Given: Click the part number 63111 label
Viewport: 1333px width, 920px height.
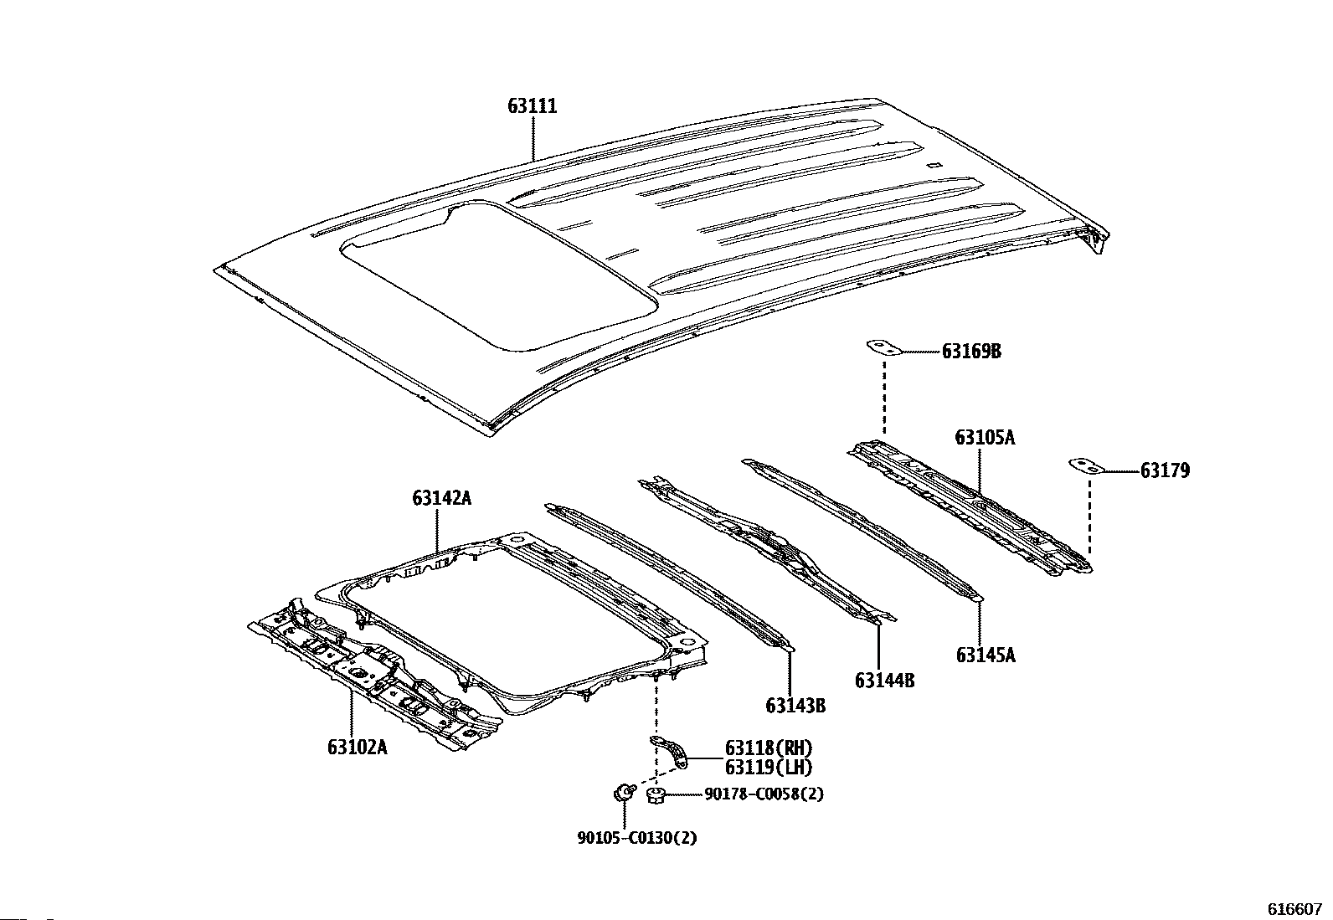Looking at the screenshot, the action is (532, 106).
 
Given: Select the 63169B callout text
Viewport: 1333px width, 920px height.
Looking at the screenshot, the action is (971, 352).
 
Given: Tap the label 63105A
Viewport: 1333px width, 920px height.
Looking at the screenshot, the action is (985, 437).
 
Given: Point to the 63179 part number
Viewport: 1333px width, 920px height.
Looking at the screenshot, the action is (1165, 470).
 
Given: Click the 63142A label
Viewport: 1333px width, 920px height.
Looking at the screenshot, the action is (441, 498).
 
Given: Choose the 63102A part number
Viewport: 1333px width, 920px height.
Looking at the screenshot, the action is (357, 747).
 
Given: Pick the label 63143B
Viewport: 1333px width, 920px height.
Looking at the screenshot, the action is (795, 706).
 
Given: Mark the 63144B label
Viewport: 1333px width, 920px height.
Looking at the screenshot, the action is (885, 681).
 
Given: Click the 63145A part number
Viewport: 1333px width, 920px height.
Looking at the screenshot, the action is (986, 655).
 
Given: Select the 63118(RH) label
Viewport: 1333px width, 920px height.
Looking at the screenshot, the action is (769, 748).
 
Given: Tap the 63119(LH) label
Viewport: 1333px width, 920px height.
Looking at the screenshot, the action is (769, 768).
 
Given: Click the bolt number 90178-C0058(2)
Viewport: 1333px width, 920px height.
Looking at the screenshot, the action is (764, 794).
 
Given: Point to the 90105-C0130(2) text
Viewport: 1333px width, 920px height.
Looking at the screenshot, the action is (636, 838).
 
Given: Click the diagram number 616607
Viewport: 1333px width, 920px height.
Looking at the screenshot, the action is (1294, 909).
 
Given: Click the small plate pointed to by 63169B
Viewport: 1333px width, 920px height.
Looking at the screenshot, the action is (883, 347).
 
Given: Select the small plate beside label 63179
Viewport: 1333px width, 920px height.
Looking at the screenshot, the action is (1087, 466).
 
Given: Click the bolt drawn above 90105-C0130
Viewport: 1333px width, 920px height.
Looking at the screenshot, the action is (623, 793).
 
